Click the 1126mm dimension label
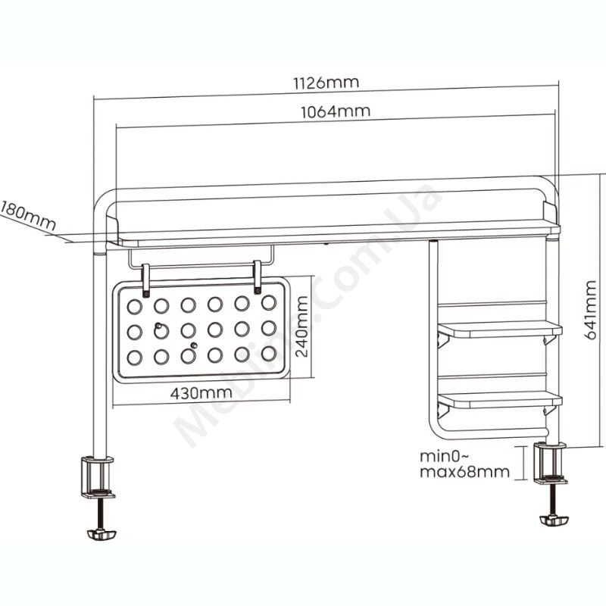pos(326,83)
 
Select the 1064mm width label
pos(336,111)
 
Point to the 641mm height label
pos(590,311)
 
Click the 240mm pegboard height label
pos(301,326)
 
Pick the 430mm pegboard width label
pos(201,393)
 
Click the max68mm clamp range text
pos(465,471)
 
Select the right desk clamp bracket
pos(551,464)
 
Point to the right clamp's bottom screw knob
pos(554,520)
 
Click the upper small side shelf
pos(500,330)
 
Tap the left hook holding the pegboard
pos(146,280)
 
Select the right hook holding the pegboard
pos(258,277)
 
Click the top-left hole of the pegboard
pos(135,307)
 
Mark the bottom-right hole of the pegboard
pos(269,354)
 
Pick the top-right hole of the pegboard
pos(269,303)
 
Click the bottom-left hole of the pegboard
pos(135,358)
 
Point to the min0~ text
pos(445,456)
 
